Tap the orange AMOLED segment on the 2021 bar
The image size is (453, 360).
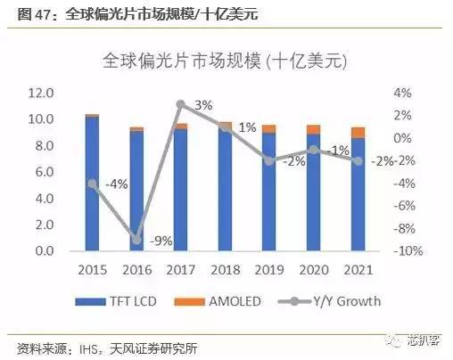[357, 133]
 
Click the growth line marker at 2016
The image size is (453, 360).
[136, 239]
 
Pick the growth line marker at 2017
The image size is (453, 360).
[181, 104]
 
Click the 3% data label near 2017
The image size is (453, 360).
[203, 105]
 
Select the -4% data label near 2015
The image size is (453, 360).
[116, 184]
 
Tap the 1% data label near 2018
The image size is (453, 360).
[248, 127]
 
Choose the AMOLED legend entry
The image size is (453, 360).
[226, 301]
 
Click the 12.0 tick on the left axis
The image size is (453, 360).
[42, 93]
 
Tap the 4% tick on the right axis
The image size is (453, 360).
[403, 93]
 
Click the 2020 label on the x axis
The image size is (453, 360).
[313, 268]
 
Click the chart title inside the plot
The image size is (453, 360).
[225, 62]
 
